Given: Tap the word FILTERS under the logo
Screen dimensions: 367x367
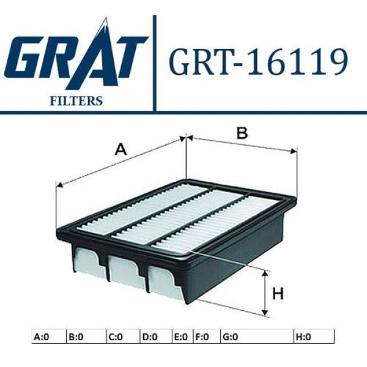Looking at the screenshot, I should [x=76, y=100].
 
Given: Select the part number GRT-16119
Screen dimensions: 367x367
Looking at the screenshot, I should [x=258, y=63].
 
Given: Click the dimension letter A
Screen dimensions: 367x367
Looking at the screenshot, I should [x=121, y=149].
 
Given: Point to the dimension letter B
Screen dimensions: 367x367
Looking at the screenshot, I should [x=242, y=133].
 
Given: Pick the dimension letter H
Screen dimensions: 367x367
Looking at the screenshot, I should [x=278, y=294].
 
